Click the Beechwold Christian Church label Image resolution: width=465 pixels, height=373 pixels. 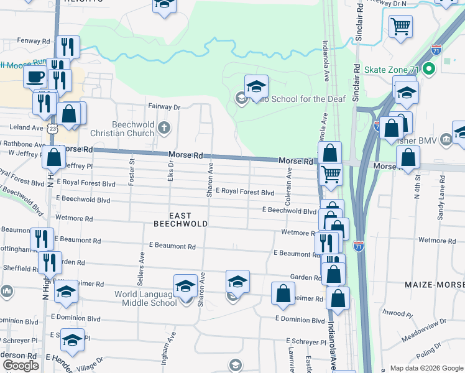[x=133, y=128]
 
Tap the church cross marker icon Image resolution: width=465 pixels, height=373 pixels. [x=163, y=128]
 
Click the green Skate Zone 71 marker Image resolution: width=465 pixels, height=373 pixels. [x=428, y=69]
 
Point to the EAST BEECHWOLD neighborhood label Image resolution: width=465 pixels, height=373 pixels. [x=180, y=218]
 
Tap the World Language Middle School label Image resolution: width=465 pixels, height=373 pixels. [x=145, y=298]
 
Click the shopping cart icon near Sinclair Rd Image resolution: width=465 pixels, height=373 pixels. [x=401, y=27]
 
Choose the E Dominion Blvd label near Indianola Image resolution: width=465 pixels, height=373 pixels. [x=300, y=320]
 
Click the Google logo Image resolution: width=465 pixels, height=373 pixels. [x=21, y=366]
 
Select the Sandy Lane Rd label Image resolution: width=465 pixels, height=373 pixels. [x=441, y=199]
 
